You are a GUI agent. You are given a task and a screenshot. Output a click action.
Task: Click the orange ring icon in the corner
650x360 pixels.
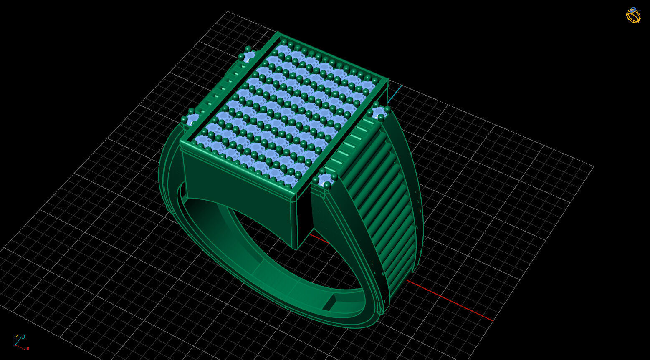[633, 15]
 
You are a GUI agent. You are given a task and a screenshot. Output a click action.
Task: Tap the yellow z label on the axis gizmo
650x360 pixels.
[17, 336]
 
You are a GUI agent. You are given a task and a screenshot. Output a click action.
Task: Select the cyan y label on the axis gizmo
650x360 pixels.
[24, 336]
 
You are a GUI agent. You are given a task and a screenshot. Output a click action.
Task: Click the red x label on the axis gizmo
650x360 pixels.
[28, 349]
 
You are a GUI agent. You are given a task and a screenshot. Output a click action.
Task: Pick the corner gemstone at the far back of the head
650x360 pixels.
[249, 55]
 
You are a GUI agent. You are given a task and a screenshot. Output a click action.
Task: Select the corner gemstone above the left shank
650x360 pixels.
[192, 119]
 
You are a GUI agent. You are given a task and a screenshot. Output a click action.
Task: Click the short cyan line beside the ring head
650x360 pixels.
[395, 94]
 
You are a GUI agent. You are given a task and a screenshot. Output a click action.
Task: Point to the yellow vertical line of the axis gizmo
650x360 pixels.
[15, 341]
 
